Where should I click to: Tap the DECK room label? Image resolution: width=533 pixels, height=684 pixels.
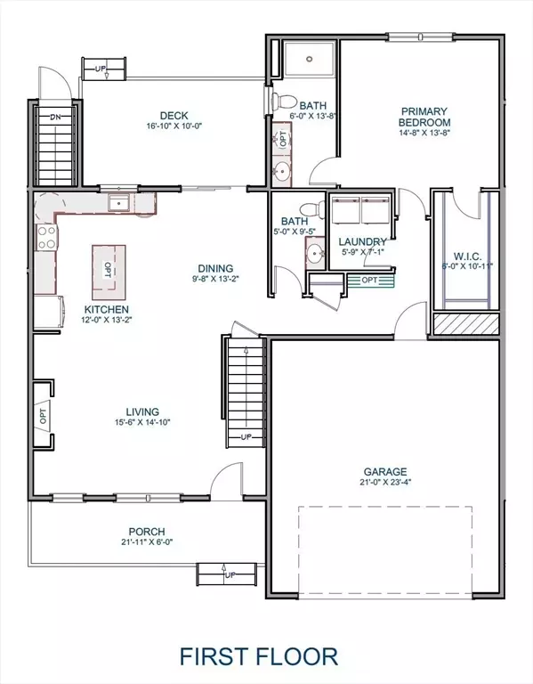point(174,115)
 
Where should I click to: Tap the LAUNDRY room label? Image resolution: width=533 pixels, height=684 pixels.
point(362,241)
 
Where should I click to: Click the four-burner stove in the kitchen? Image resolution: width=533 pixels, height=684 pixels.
point(45,238)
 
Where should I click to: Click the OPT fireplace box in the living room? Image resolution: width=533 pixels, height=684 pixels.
point(42,412)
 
